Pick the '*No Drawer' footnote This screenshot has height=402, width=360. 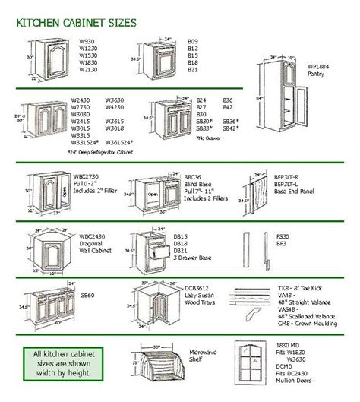click(207, 137)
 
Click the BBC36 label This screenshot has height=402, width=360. click(193, 176)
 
